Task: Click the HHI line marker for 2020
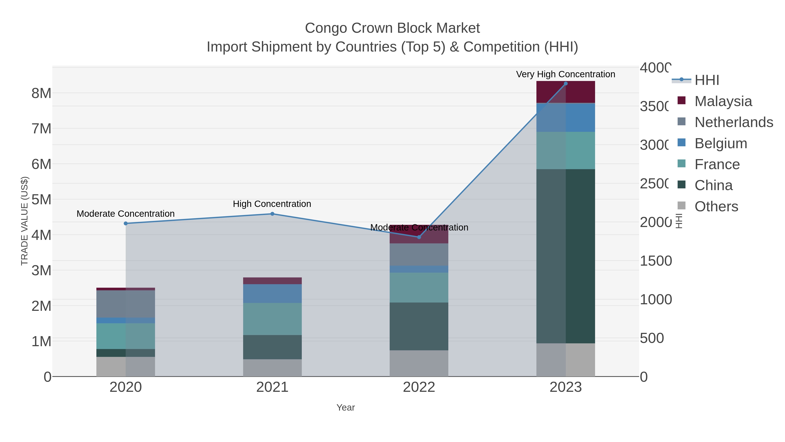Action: tap(126, 223)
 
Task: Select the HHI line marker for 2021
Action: tap(272, 214)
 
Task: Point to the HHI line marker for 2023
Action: tap(566, 84)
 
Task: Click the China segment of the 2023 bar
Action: tap(566, 256)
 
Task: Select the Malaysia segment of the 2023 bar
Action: tap(566, 92)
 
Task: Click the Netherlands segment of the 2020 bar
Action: tap(126, 304)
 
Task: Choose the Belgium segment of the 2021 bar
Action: tap(272, 293)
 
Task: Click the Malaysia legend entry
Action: tap(723, 101)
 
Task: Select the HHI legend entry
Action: tap(706, 80)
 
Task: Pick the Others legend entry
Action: tap(716, 206)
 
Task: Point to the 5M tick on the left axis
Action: tap(41, 200)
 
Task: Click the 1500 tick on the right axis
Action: tap(655, 261)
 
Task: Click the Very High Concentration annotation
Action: tap(566, 74)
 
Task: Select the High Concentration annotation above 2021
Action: tap(272, 204)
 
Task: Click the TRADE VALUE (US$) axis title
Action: tap(24, 221)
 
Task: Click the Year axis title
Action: tap(346, 408)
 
